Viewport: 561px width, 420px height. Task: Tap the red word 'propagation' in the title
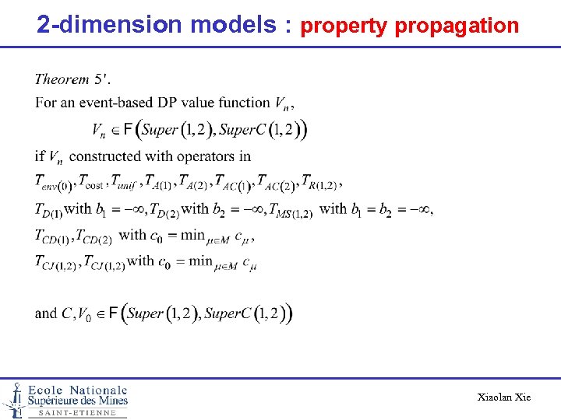pyautogui.click(x=457, y=26)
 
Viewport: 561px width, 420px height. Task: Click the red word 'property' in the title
pyautogui.click(x=344, y=26)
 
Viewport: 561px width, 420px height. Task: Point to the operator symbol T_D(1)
pyautogui.click(x=48, y=210)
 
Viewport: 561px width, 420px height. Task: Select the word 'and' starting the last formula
pyautogui.click(x=46, y=313)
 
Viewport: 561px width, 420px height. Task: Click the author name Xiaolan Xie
pyautogui.click(x=503, y=397)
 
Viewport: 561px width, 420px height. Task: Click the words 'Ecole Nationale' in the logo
pyautogui.click(x=78, y=390)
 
